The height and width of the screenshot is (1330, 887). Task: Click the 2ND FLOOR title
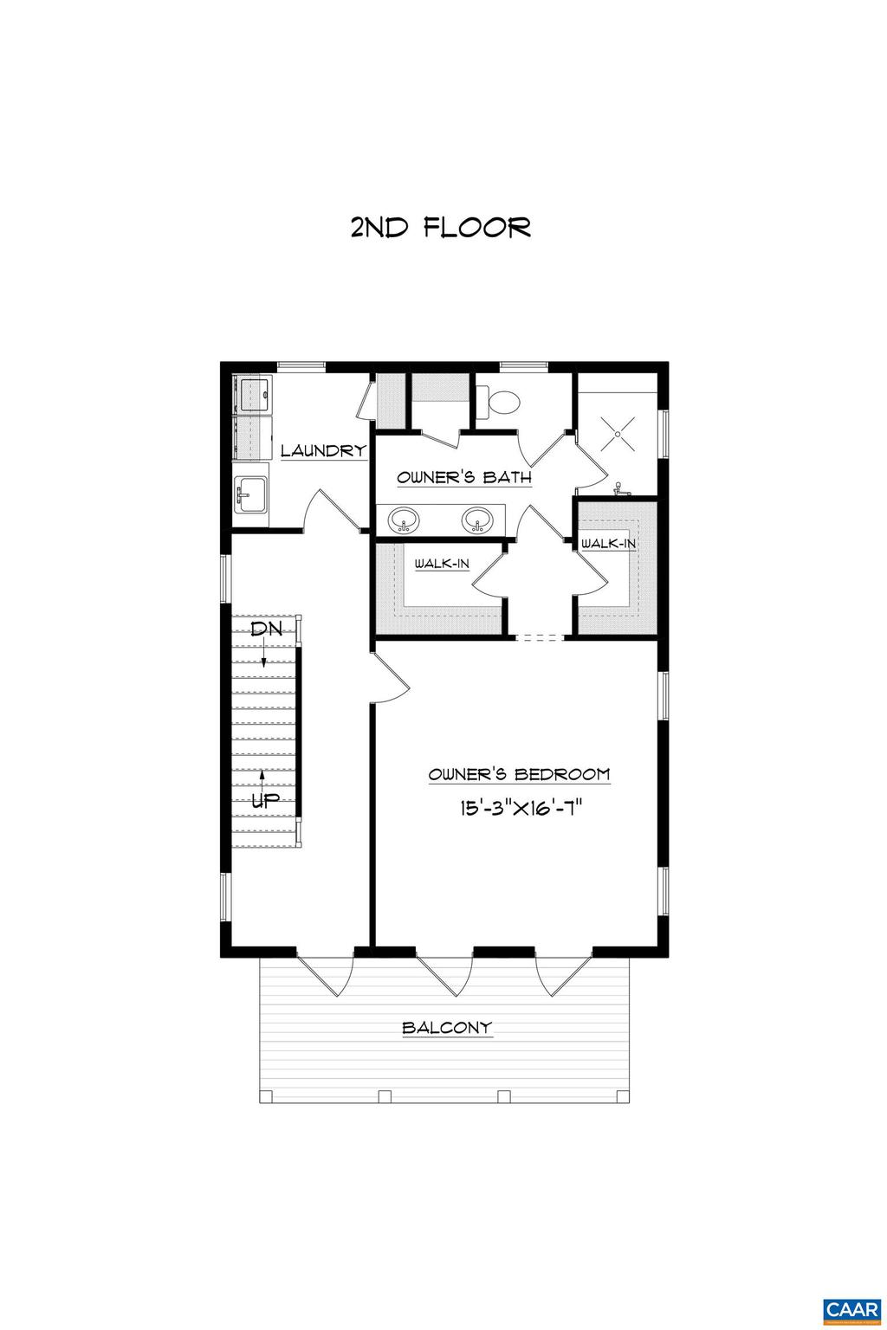click(x=441, y=228)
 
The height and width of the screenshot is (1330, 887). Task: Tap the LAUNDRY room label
click(x=323, y=451)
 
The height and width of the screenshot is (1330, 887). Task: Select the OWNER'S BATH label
click(x=463, y=478)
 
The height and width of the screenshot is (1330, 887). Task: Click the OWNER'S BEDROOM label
click(x=519, y=775)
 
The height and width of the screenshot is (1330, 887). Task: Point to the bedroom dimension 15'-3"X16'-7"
click(x=519, y=809)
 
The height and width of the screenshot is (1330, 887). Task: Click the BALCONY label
click(x=447, y=1029)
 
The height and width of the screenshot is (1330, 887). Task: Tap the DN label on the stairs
click(x=265, y=629)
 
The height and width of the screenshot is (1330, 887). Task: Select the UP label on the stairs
click(x=265, y=801)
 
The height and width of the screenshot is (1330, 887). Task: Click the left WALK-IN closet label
click(x=442, y=564)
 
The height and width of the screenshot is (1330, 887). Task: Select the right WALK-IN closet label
click(x=608, y=544)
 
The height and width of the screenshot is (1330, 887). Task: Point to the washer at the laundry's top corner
click(x=254, y=394)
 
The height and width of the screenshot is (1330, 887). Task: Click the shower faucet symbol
click(x=618, y=489)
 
